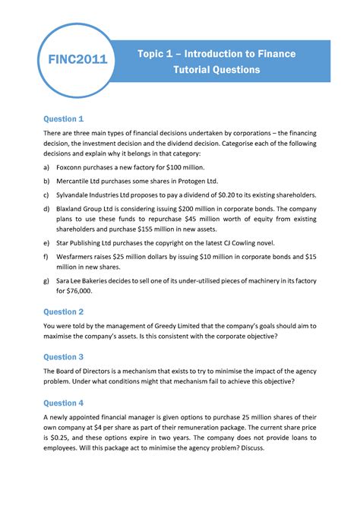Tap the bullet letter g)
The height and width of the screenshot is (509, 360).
49,279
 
